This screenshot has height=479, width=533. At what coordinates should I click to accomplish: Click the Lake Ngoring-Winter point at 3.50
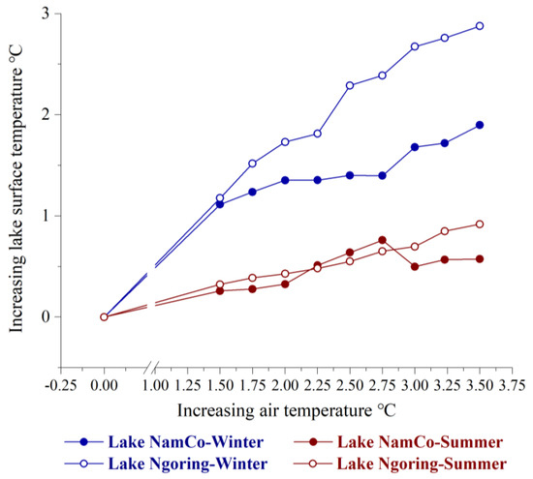tap(480, 26)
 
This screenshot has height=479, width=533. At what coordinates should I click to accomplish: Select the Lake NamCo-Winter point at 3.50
tap(480, 125)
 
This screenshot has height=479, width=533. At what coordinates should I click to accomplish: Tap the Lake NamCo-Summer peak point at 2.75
tap(382, 240)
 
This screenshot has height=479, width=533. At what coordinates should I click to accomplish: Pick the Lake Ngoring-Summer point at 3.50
tap(480, 225)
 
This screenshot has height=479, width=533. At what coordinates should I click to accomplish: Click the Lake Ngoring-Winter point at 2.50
tap(350, 85)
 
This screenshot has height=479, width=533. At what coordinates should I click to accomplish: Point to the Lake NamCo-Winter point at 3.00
tap(415, 147)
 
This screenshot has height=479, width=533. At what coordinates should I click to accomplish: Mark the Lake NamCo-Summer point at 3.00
tap(415, 266)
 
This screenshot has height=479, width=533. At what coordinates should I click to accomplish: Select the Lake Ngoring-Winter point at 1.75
tap(252, 164)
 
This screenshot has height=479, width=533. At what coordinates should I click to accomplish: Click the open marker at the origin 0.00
tap(104, 316)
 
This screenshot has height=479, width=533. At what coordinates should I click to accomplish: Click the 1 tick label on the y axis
tap(45, 216)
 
